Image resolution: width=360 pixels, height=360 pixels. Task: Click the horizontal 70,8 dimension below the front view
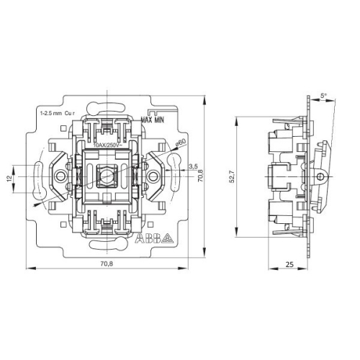click(x=107, y=264)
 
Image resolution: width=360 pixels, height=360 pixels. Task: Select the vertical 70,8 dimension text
click(x=200, y=176)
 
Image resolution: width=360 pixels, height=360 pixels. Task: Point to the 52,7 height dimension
click(x=232, y=177)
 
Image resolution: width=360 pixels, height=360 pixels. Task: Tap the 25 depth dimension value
click(x=289, y=264)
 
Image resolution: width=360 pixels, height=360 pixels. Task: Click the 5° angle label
click(x=323, y=96)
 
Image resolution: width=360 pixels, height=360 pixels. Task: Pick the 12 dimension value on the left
click(x=9, y=178)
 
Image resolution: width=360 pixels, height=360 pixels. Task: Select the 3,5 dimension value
click(x=193, y=166)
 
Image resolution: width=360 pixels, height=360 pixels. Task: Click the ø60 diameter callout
click(x=181, y=143)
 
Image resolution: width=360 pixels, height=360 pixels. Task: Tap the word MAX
click(x=147, y=120)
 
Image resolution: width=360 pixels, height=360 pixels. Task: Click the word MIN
click(x=160, y=120)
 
